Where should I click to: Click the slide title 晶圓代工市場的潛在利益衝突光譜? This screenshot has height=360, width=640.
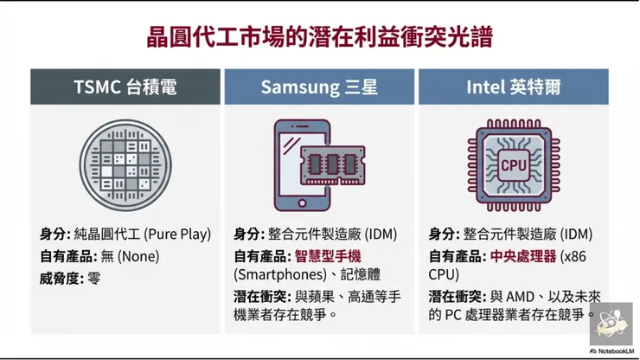coord(319,39)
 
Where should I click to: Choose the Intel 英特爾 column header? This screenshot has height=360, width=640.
coord(513,87)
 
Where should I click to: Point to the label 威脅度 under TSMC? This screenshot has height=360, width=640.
coord(59,279)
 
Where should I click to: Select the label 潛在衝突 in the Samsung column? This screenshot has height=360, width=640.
coord(261,296)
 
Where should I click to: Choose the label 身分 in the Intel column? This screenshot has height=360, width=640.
coord(444,234)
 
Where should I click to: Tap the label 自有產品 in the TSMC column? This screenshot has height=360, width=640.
coord(65,256)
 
